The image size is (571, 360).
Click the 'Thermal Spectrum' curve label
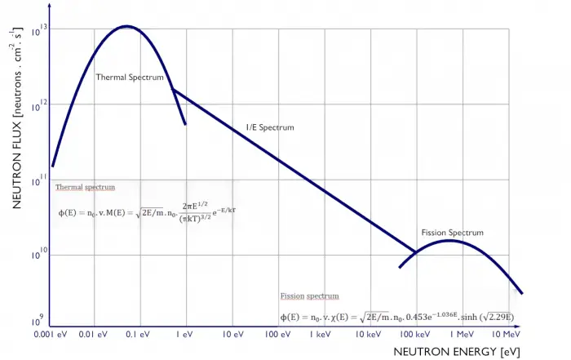[130, 78]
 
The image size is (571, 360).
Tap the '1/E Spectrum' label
[270, 128]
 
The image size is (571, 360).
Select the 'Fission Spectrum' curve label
[452, 233]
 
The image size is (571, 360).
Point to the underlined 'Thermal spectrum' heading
[85, 187]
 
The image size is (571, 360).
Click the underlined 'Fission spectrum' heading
[309, 296]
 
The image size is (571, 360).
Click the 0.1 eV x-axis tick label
[139, 335]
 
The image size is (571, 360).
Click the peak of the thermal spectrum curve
[126, 26]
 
